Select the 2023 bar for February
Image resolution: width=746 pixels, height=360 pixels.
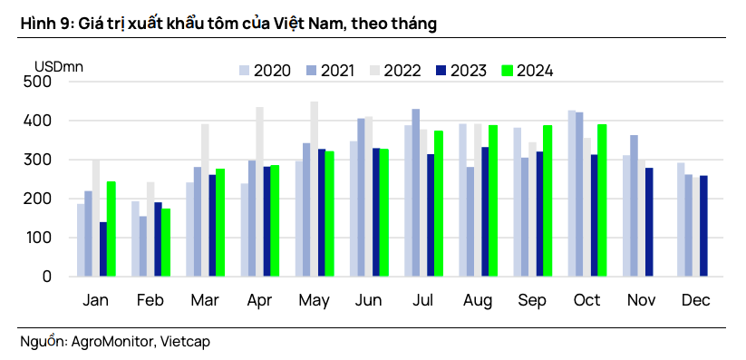pos(158,239)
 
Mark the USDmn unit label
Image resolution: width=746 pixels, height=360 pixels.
pos(59,65)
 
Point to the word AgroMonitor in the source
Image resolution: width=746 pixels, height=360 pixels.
pos(113,341)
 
